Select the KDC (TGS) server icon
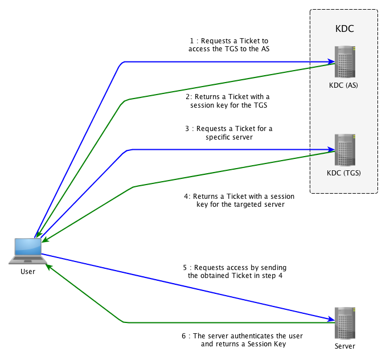344,150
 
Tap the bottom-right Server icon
344,323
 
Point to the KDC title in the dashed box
344,28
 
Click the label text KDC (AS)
344,86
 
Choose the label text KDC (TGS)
344,173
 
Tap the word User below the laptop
27,272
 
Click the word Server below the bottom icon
344,346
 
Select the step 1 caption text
229,46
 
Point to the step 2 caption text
229,101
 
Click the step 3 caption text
229,133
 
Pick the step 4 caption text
235,200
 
